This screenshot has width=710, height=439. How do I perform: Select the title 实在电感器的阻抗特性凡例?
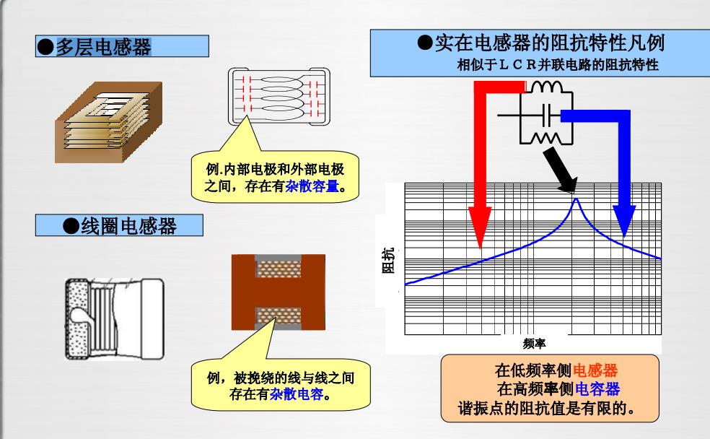[x=551, y=44]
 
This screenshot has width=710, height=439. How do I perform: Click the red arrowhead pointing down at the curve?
[x=481, y=230]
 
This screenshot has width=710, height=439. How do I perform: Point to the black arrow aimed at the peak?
[x=561, y=168]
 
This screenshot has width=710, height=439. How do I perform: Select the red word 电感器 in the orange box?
[x=595, y=371]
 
